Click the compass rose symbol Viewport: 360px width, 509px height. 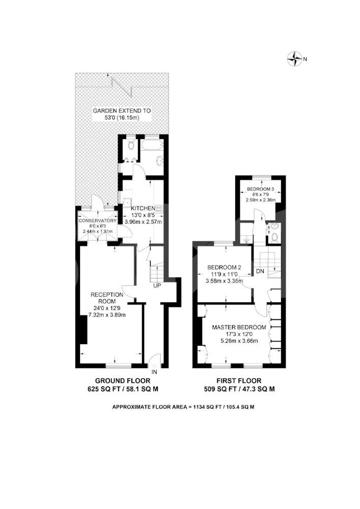294,59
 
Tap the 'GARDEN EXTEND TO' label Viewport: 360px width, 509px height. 122,110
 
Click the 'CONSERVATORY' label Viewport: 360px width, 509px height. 97,221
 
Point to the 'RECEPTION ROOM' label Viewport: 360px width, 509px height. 107,298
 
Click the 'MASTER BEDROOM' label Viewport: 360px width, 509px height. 239,327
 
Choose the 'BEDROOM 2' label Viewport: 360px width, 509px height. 224,268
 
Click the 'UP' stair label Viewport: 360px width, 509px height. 157,286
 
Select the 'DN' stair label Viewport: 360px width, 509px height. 260,271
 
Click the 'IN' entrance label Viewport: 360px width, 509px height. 154,372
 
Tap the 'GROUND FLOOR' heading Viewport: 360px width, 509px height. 123,381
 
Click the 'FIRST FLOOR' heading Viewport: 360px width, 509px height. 239,381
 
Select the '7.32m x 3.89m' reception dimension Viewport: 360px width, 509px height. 107,315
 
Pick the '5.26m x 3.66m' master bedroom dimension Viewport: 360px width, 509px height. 239,341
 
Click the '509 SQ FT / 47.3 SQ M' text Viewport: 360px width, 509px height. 239,389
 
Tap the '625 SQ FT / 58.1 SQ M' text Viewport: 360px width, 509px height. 123,389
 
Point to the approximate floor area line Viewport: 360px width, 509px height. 183,407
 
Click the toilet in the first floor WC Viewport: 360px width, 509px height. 274,237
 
